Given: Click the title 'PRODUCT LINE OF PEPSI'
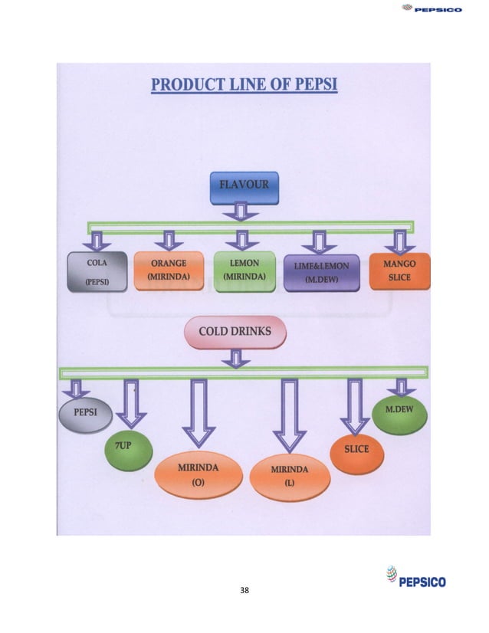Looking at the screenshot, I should [x=244, y=82].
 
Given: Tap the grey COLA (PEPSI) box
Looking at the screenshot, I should [x=97, y=272].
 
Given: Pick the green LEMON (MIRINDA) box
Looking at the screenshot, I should [x=244, y=270].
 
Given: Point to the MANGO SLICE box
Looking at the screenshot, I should [x=399, y=271].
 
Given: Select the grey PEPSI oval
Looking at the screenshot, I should [x=85, y=413].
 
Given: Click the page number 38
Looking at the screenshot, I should [x=244, y=590].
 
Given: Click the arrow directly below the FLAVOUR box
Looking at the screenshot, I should [x=239, y=212].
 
